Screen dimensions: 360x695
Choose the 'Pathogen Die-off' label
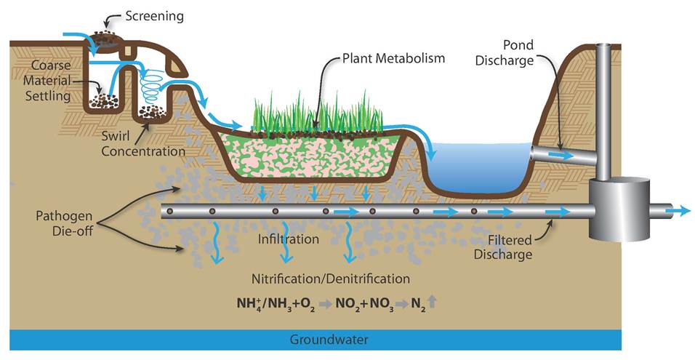point(63,225)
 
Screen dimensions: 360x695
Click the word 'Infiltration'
point(289,239)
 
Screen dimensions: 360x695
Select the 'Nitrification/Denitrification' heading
point(331,279)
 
